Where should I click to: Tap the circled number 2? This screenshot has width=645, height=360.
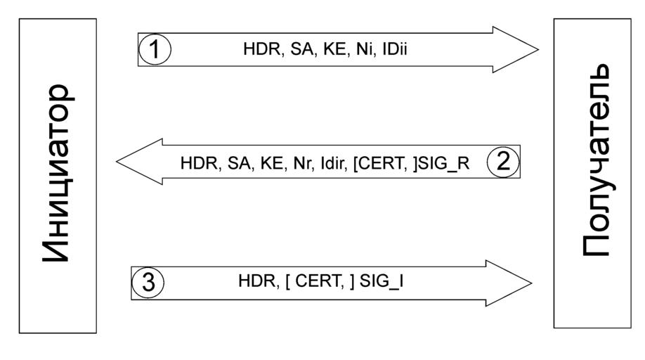[503, 162]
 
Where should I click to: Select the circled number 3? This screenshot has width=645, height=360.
[148, 283]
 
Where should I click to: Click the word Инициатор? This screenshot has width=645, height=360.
[57, 174]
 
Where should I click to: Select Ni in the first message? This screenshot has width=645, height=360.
[363, 49]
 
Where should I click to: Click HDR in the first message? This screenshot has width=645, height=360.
[257, 49]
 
